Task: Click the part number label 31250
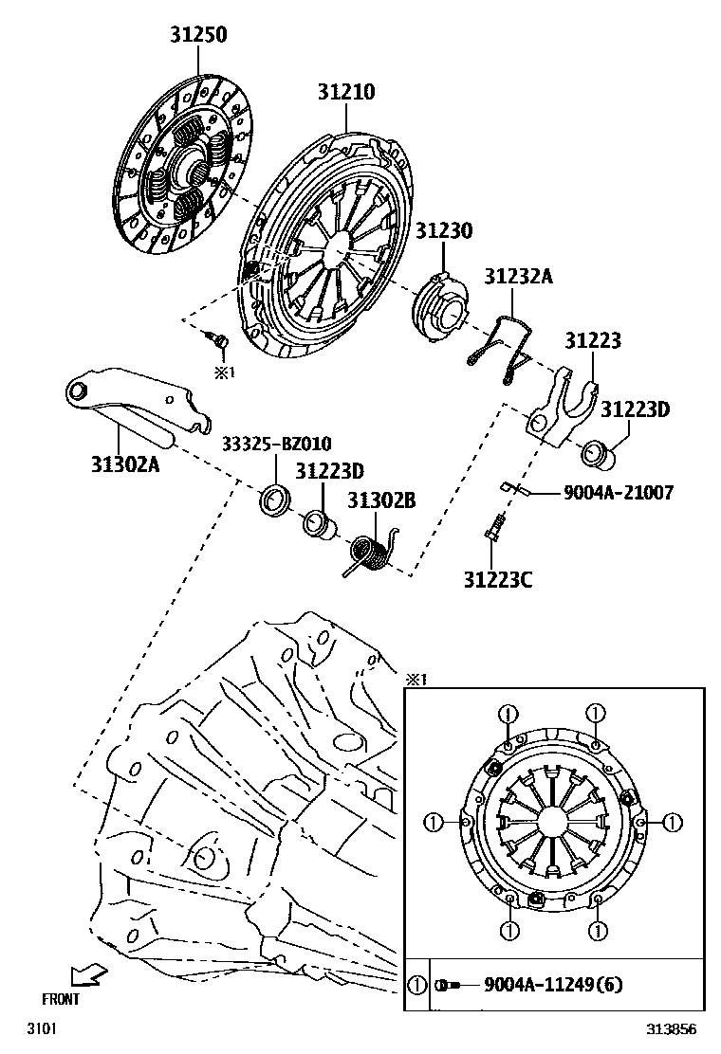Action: pos(199,34)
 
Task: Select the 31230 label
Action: pos(443,230)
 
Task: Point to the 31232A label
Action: pos(518,276)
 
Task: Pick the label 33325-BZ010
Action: pos(277,445)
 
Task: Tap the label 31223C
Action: pos(497,578)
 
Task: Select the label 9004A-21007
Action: pos(618,493)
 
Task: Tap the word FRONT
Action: pos(61,998)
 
